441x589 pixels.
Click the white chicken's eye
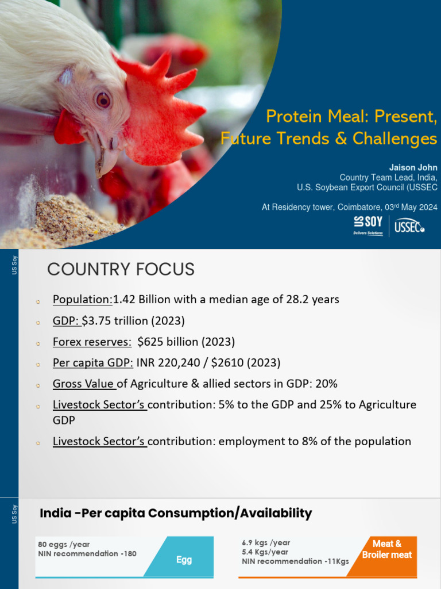[x=103, y=100]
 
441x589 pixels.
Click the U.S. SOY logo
[x=368, y=225]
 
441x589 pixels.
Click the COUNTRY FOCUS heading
[x=121, y=269]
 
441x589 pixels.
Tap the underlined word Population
[x=83, y=299]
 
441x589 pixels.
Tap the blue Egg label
[x=184, y=559]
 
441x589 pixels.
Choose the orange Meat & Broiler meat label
[x=386, y=549]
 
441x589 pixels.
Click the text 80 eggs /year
[x=64, y=544]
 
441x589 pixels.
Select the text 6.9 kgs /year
[x=266, y=542]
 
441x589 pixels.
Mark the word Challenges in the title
[x=403, y=139]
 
